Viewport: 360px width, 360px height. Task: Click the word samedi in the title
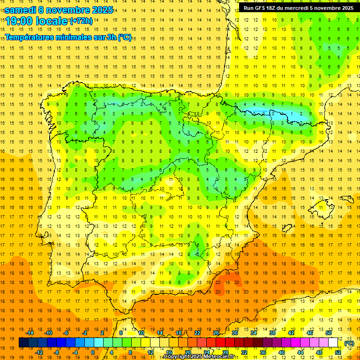pos(21,10)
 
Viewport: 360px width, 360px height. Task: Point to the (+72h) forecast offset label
pos(81,21)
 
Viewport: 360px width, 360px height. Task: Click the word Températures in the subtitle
pos(32,37)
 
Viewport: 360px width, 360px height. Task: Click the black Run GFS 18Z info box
pos(299,8)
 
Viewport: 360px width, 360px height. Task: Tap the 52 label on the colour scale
pos(338,352)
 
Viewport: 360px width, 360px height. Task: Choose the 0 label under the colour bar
pos(92,352)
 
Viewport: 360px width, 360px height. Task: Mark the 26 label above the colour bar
pos(216,333)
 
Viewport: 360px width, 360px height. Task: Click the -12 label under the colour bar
pos(39,352)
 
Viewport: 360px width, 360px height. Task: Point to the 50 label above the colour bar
pos(329,333)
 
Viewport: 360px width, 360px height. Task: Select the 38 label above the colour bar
pos(272,333)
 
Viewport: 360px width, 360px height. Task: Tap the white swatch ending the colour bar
pos(333,343)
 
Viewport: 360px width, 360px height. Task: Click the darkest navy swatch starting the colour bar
pos(24,343)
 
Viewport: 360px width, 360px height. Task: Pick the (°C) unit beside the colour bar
pos(349,343)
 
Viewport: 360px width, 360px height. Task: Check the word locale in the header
pos(52,21)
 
